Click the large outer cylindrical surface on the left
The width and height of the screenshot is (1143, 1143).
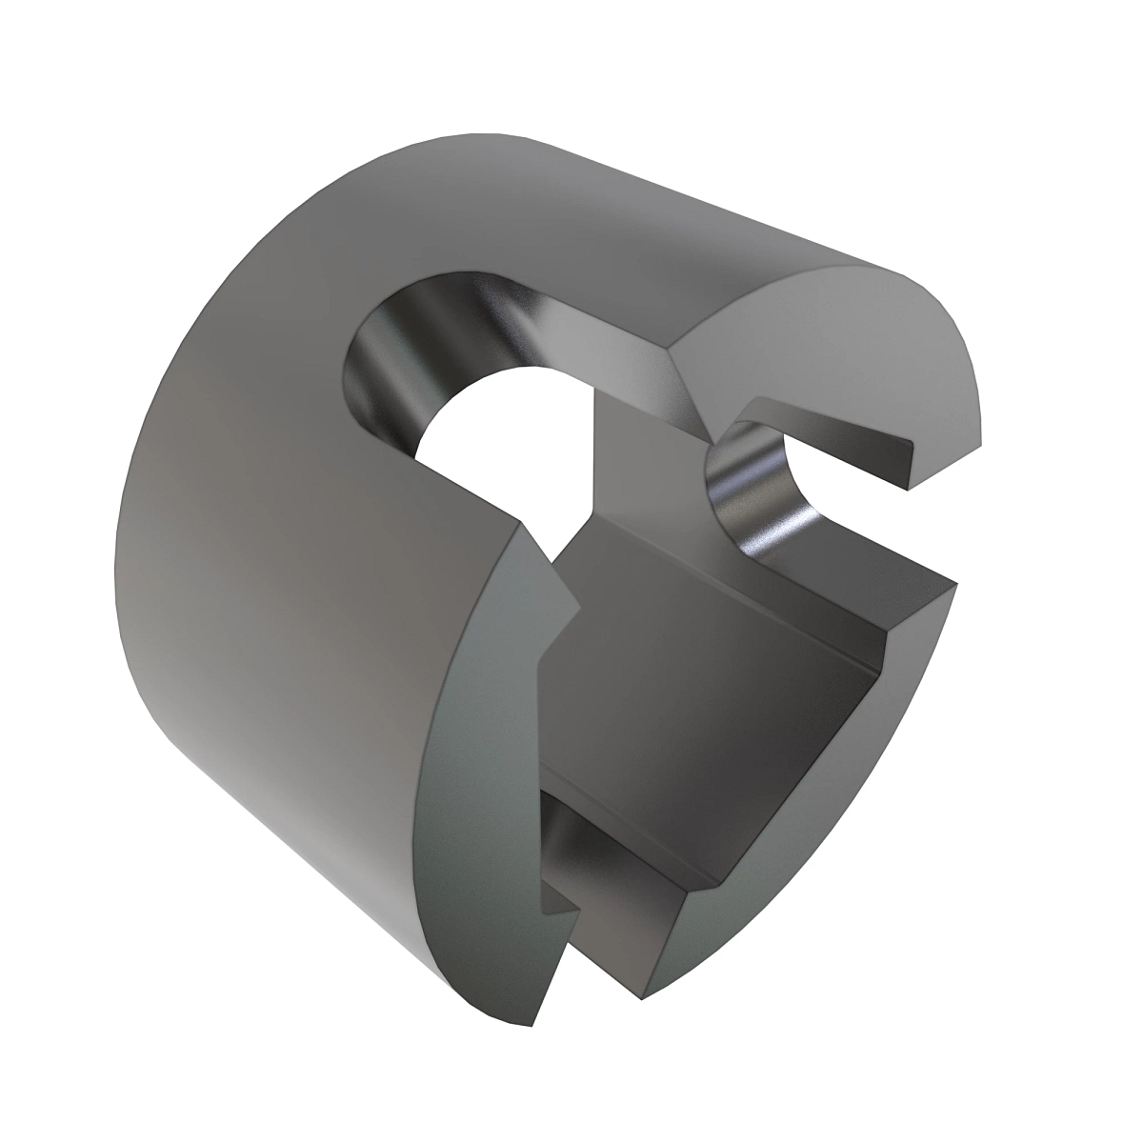pos(286,571)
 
